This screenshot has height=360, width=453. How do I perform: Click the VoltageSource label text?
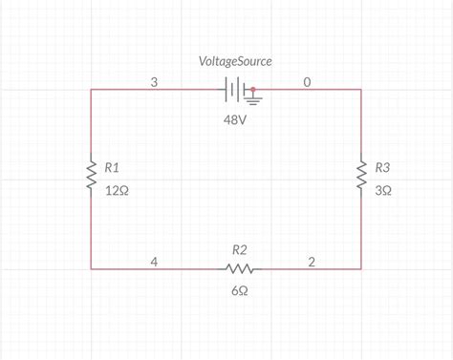click(x=235, y=61)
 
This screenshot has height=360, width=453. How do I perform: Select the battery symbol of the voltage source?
click(x=235, y=90)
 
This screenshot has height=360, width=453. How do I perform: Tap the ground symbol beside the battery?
click(x=253, y=98)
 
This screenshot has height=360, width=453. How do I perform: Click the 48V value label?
click(x=235, y=120)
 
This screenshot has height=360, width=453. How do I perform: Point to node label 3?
click(x=154, y=82)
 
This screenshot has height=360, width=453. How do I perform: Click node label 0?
click(x=307, y=82)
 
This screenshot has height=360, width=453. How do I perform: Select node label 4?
click(x=154, y=262)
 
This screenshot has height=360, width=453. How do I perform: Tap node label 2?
click(x=312, y=262)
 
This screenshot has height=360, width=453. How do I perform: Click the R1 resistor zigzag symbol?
click(x=92, y=175)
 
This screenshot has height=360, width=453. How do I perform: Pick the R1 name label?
click(x=112, y=167)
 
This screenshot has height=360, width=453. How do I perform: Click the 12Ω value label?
click(x=117, y=191)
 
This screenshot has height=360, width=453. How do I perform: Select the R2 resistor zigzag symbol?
click(x=239, y=269)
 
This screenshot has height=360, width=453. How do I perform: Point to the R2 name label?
click(x=239, y=250)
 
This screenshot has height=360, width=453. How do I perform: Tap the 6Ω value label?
click(x=240, y=290)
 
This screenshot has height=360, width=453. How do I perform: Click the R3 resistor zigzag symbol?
click(x=361, y=175)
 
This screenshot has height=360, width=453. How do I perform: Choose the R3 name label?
click(x=382, y=167)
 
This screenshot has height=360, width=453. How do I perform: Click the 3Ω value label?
click(x=383, y=191)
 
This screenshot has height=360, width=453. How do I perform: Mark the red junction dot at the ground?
click(x=253, y=90)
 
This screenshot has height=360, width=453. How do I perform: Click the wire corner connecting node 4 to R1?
click(x=91, y=269)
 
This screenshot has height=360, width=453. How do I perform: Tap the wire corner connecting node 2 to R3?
click(x=361, y=269)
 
